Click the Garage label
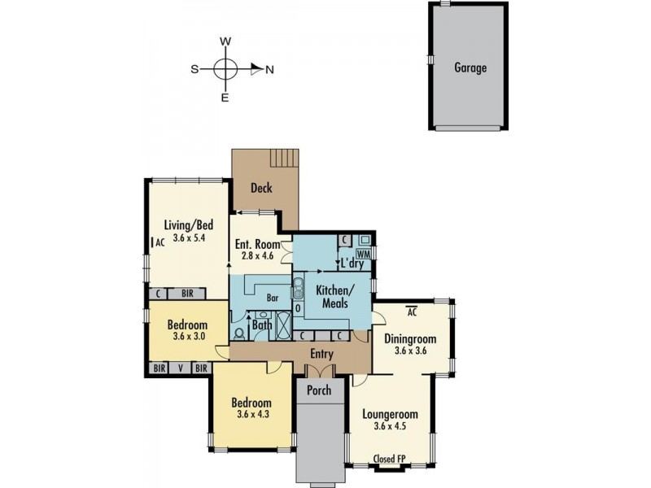[x=470, y=68]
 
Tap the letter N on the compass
[x=269, y=70]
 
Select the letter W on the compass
[x=226, y=41]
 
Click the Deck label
[x=260, y=189]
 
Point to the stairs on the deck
[x=285, y=157]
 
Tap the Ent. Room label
[x=257, y=244]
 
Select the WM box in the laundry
[x=364, y=255]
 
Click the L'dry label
[x=352, y=264]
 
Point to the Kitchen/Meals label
[x=333, y=297]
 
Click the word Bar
[x=273, y=298]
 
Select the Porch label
[x=319, y=390]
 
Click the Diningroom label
[x=410, y=339]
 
